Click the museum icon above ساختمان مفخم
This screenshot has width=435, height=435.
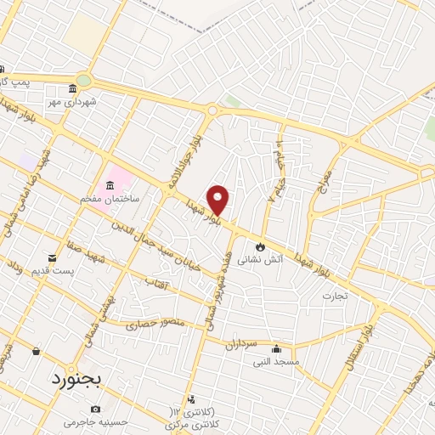110,186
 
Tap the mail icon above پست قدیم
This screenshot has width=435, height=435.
54,257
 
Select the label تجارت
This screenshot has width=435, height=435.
336,297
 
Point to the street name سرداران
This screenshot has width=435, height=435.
240,345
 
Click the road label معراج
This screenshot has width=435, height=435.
329,175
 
